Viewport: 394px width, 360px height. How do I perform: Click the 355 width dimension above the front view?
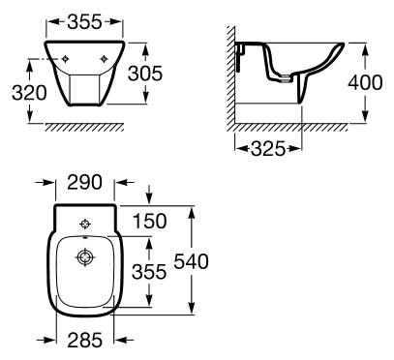click(x=84, y=22)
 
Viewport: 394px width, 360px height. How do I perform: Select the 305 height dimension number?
click(x=145, y=74)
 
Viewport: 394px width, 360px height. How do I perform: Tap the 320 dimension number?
click(x=29, y=93)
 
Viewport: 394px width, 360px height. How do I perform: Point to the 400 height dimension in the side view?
click(x=365, y=82)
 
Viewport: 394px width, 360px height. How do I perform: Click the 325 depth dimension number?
click(x=268, y=149)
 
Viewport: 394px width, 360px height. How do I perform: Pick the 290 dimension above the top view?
click(x=84, y=182)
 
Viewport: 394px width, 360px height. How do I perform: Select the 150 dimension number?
click(x=150, y=222)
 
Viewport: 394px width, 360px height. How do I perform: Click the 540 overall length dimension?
click(x=192, y=261)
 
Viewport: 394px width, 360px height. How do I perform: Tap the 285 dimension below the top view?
click(x=85, y=340)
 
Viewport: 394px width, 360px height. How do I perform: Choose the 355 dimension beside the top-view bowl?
click(x=149, y=271)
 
